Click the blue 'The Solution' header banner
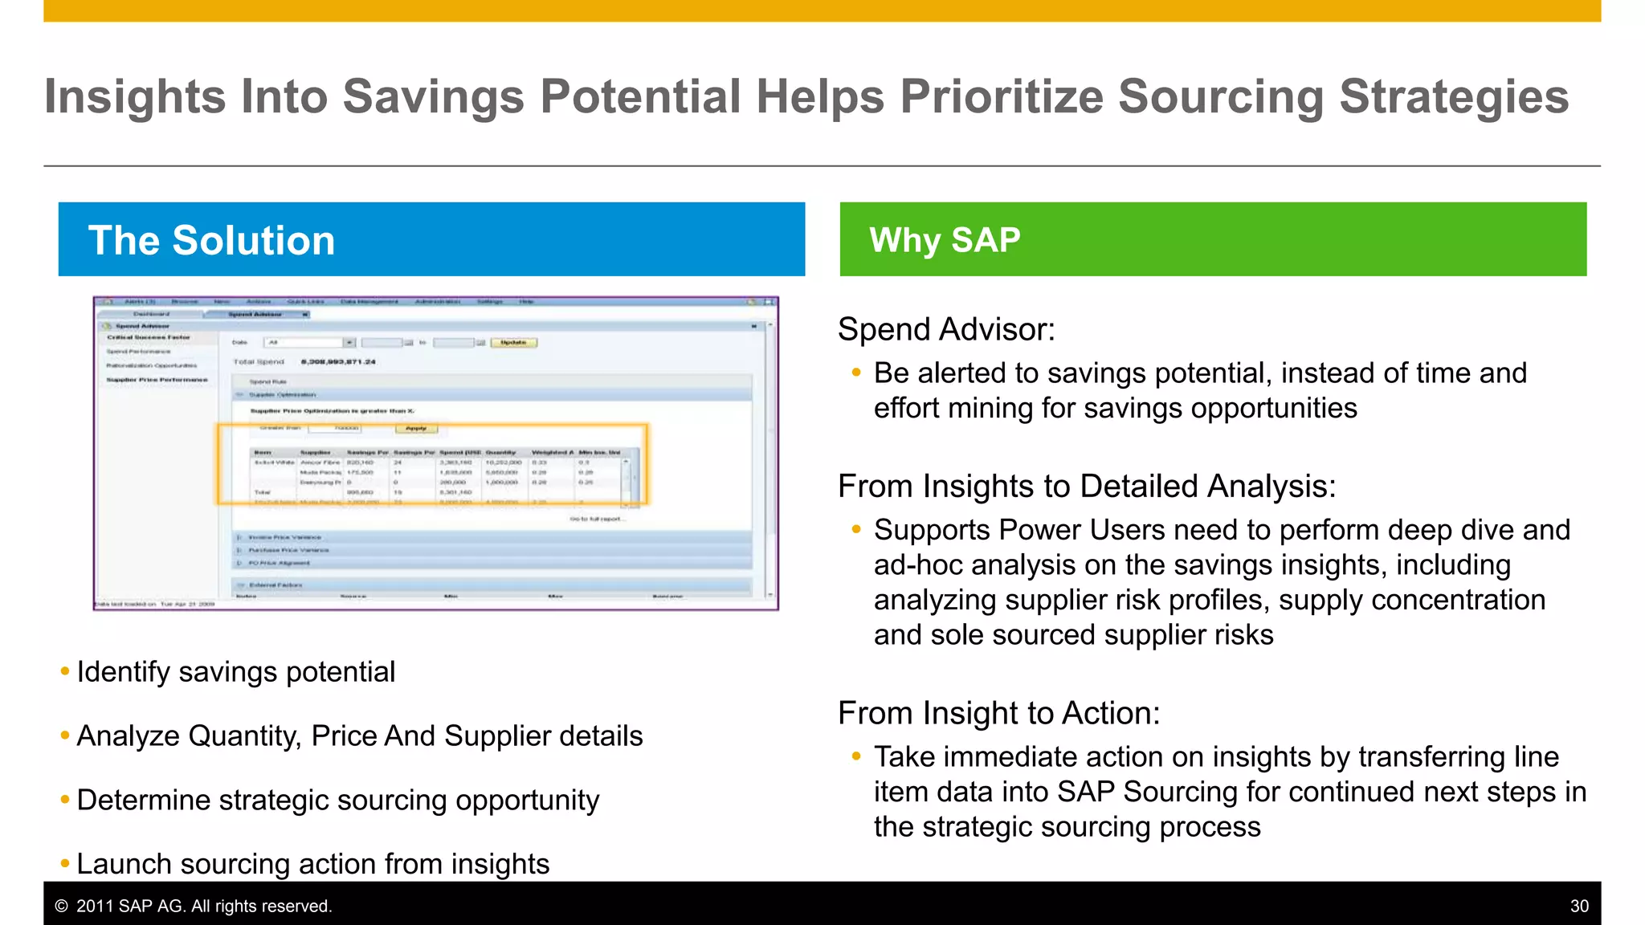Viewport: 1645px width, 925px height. click(x=431, y=239)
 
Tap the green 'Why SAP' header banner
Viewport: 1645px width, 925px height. click(x=1213, y=239)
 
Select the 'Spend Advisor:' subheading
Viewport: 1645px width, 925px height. click(x=946, y=330)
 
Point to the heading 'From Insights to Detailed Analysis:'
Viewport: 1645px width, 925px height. click(x=1087, y=487)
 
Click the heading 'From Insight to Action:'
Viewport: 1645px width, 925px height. click(x=998, y=713)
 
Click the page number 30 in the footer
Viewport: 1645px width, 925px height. click(x=1579, y=906)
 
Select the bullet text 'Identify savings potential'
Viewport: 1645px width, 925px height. click(x=235, y=672)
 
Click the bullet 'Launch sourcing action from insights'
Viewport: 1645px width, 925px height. click(x=312, y=864)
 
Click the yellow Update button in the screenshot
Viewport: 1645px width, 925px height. click(x=513, y=343)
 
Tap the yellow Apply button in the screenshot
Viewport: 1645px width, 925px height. click(x=416, y=429)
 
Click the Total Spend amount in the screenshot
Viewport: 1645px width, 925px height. click(x=338, y=362)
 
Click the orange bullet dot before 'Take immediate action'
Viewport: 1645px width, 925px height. click(x=856, y=756)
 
